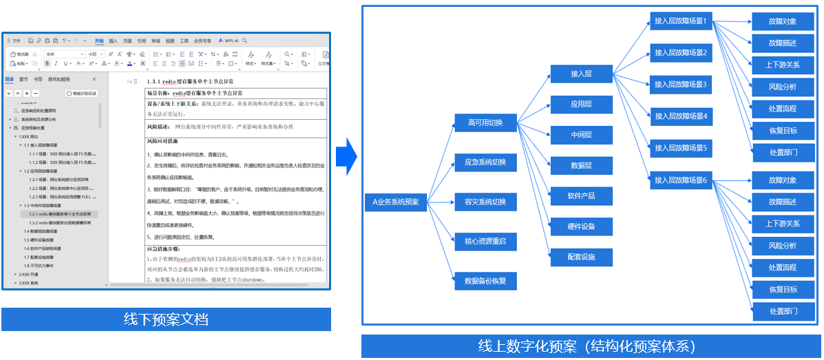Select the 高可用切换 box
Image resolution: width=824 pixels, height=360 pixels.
[x=485, y=123]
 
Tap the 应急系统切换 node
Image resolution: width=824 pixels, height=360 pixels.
[x=485, y=162]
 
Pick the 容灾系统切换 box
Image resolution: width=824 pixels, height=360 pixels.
[x=485, y=202]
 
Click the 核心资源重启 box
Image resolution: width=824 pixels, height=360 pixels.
[x=485, y=241]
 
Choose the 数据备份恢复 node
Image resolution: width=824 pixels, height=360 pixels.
[x=485, y=281]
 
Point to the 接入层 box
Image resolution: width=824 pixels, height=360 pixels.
[x=581, y=74]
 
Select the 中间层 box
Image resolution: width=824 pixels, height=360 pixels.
[x=581, y=135]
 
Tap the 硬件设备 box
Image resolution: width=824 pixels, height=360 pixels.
[x=581, y=226]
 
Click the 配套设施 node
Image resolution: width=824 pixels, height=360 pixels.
[x=581, y=257]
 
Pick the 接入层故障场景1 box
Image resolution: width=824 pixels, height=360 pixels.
[x=681, y=21]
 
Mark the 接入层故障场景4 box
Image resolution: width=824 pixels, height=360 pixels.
[x=681, y=116]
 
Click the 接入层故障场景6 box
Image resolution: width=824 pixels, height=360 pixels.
[x=681, y=180]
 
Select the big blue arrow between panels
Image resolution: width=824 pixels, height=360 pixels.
[x=346, y=156]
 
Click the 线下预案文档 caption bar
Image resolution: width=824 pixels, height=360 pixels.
[x=166, y=319]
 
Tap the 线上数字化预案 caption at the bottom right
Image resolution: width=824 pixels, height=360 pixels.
[x=591, y=346]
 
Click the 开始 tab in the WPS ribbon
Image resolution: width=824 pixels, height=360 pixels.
[x=99, y=41]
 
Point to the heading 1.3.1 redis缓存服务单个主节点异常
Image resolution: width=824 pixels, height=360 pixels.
[x=195, y=81]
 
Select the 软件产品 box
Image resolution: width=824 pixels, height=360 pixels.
[x=581, y=196]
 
